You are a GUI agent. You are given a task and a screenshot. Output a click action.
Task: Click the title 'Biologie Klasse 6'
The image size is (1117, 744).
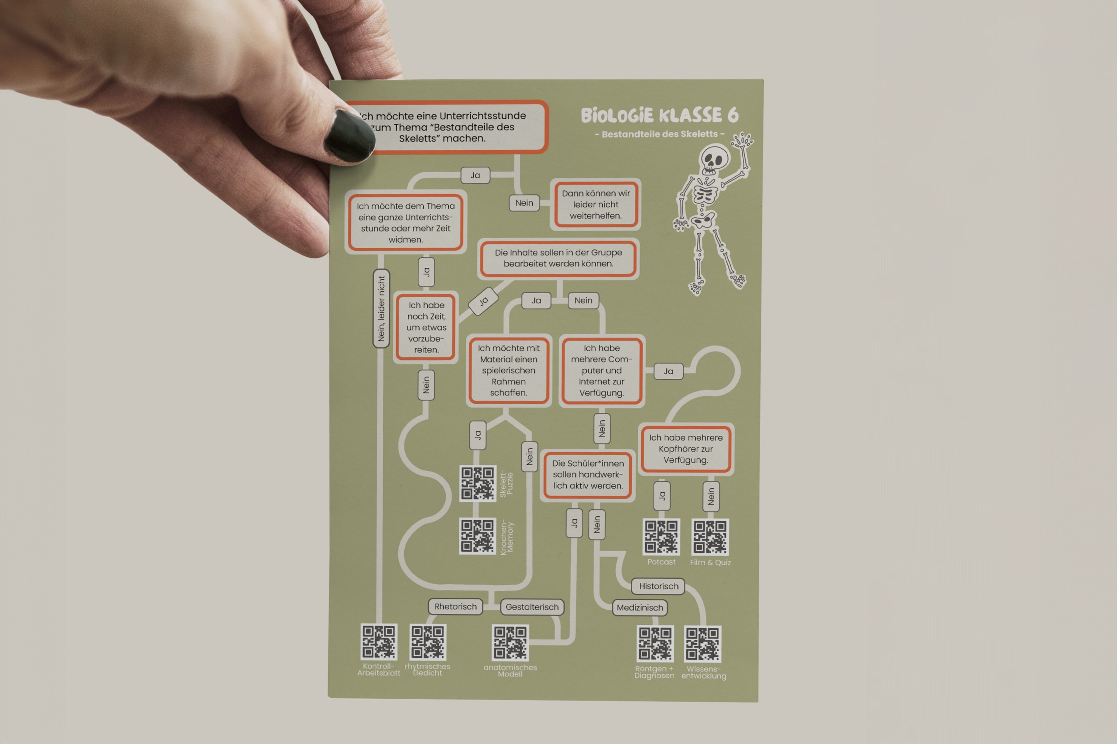click(x=660, y=115)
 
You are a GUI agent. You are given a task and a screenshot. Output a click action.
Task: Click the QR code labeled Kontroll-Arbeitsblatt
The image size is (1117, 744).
click(x=379, y=642)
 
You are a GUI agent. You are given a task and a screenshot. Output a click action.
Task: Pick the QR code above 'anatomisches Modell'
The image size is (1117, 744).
click(x=510, y=643)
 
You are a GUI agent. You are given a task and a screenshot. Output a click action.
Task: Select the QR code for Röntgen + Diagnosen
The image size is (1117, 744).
click(x=655, y=644)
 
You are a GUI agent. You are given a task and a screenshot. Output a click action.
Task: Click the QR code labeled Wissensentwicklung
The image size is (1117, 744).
click(x=702, y=644)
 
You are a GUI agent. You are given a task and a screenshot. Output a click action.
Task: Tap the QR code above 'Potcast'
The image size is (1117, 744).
click(x=661, y=537)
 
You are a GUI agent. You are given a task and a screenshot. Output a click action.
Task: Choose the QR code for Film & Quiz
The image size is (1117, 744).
click(x=710, y=537)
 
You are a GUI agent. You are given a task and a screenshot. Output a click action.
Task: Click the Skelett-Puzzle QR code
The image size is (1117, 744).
click(x=478, y=484)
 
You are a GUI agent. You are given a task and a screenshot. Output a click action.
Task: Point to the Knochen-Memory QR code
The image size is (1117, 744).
click(x=478, y=536)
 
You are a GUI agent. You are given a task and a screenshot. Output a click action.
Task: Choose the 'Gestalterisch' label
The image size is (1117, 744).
click(x=532, y=607)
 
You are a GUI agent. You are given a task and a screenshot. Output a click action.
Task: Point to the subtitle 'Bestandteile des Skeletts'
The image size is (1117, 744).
click(x=660, y=134)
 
